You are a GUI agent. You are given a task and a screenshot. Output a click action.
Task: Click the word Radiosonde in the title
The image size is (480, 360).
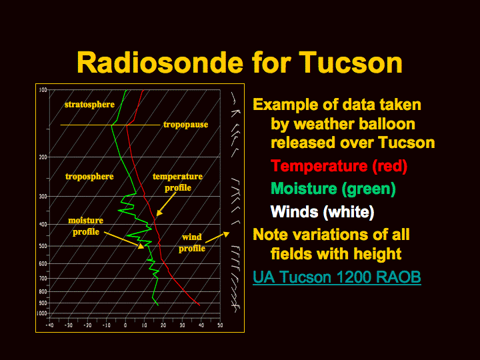coord(160,63)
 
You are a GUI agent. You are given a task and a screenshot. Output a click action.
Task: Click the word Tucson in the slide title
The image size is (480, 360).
coord(351,63)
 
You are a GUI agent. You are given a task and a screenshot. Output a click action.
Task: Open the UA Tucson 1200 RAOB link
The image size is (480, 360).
coord(337,277)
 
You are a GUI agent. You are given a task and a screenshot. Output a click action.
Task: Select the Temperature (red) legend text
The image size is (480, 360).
coord(339,166)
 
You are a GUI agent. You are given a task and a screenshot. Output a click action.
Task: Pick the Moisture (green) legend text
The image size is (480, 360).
coord(333,189)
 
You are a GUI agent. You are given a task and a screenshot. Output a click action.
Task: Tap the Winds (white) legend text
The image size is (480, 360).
coord(323,212)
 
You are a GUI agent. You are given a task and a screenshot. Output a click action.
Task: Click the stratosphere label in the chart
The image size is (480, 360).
coord(89,105)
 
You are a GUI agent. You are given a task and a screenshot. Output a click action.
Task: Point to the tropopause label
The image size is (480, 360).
coord(185,125)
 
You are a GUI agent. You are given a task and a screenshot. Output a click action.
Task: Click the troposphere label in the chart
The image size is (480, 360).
coord(89,177)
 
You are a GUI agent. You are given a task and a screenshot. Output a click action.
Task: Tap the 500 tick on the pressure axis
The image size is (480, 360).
coord(43,246)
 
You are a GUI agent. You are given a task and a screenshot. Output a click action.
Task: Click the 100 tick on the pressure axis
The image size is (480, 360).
coord(43,90)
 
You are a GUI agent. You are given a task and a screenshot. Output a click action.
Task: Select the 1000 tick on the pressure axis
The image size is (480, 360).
coord(42,313)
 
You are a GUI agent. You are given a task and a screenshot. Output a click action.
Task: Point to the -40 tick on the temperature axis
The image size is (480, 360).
coord(49,325)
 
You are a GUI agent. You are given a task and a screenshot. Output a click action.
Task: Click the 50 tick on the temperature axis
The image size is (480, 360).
coord(220,325)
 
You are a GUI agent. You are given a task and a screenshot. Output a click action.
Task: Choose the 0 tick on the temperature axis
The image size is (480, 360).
coord(125,325)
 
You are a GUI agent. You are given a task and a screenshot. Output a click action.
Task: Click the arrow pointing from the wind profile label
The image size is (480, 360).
coord(217,237)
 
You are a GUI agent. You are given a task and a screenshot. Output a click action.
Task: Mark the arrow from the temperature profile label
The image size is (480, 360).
coord(166,205)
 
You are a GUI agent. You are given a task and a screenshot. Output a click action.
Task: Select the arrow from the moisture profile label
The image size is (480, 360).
coord(124,240)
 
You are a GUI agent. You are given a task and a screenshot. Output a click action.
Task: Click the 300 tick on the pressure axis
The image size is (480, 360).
coord(43,196)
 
